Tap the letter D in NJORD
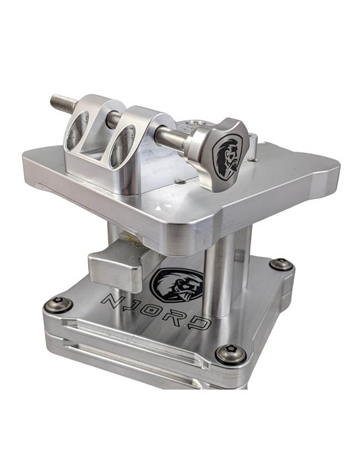coord(203,324)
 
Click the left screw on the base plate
coord(57,303)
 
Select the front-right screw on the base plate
coord(230,352)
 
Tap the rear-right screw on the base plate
coord(281,263)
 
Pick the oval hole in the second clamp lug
coord(121,146)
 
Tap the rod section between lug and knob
coord(172,135)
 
